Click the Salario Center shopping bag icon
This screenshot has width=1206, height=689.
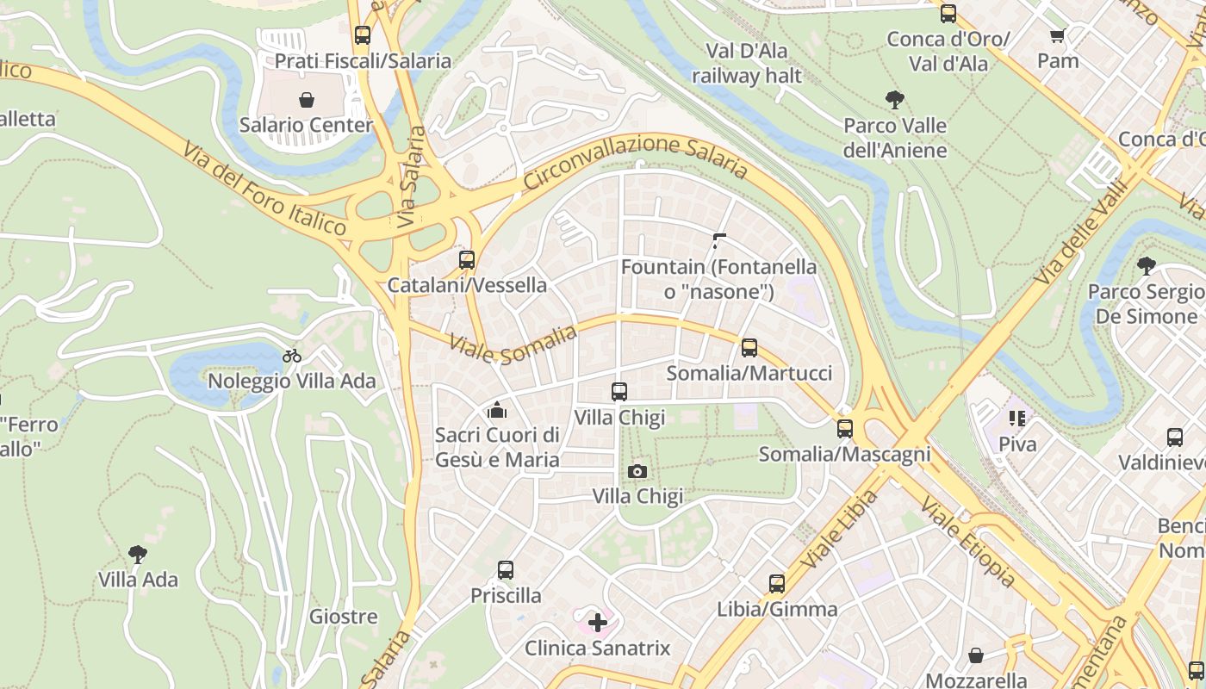306,100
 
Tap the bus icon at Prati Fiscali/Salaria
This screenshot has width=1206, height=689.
363,35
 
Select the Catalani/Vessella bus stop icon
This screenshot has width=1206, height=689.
467,259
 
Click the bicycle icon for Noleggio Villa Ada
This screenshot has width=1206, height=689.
292,356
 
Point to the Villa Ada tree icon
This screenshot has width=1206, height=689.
137,554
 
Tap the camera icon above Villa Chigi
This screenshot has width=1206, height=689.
637,471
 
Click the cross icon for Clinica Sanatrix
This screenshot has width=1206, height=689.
598,622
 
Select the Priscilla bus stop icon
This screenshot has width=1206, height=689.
506,570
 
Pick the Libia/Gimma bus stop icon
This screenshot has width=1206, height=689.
777,584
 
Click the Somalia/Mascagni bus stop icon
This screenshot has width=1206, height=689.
845,429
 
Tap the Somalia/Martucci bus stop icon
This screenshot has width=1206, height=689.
749,348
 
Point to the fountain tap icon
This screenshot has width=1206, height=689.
719,241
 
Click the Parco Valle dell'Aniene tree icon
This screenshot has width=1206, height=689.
895,100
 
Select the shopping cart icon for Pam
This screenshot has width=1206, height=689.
1058,35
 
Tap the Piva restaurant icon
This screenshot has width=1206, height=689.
1017,419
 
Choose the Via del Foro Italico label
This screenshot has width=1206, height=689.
264,189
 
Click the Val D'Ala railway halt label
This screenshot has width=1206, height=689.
747,63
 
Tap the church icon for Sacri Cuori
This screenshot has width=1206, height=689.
497,410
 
